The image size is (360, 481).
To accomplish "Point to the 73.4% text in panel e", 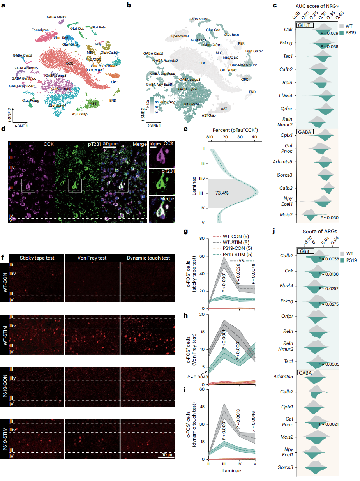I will click(x=222, y=193).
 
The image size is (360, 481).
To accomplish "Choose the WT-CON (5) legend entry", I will click(x=233, y=236).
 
